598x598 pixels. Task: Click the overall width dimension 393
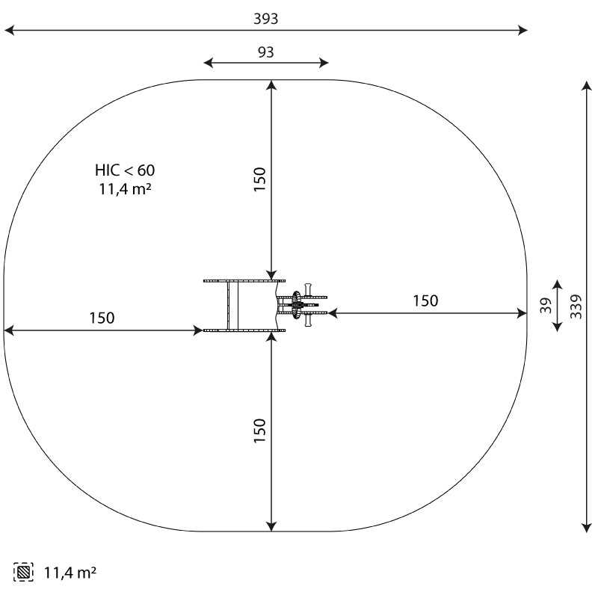(266, 19)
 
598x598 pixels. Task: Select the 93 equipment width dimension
(266, 52)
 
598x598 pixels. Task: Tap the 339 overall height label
(576, 306)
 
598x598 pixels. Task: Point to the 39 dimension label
(546, 306)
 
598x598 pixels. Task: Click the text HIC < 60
(125, 170)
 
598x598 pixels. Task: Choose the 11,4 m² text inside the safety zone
(125, 189)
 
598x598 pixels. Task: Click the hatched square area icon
(24, 572)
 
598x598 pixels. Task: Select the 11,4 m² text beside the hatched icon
(70, 573)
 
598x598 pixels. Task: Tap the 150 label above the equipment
(259, 179)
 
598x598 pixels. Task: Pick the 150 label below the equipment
(259, 431)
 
